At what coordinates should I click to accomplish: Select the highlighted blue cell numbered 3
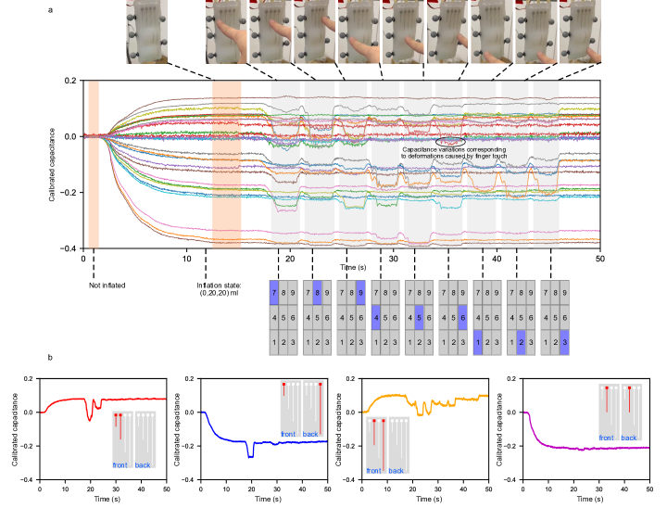tap(565, 344)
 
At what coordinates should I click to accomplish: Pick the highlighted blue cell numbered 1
tap(478, 344)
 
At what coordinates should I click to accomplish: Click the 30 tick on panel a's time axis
tap(394, 259)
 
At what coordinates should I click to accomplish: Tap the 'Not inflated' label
tap(107, 285)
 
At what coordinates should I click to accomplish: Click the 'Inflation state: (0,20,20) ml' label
tap(221, 288)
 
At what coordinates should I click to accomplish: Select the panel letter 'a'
tap(51, 10)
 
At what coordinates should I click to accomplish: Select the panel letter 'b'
tap(50, 358)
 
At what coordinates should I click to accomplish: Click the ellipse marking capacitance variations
tap(450, 141)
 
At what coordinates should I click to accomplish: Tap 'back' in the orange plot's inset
tap(396, 470)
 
